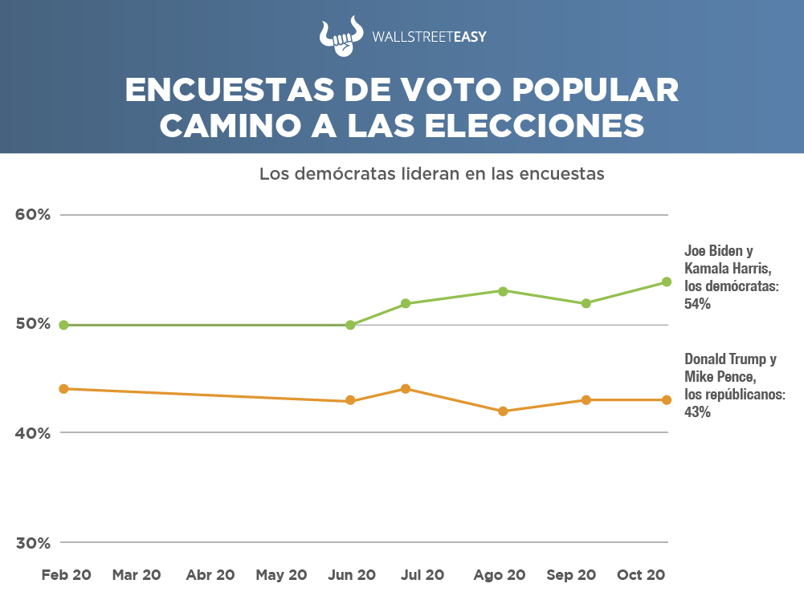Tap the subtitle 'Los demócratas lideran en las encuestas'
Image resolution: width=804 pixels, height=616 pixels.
coord(431,173)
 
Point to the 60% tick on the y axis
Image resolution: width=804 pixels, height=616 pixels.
coord(34,215)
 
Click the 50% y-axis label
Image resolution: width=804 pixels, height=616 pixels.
coord(34,324)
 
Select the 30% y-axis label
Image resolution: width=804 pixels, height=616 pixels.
coord(34,543)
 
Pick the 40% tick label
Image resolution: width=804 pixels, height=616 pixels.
coord(34,433)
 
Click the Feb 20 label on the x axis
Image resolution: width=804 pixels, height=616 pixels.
coord(67,575)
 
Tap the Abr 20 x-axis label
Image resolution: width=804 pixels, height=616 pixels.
coord(210,575)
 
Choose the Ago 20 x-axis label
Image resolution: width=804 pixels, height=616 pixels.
coord(499,575)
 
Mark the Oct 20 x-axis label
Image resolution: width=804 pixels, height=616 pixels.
coord(640,575)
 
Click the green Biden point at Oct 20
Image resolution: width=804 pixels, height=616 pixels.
coord(667,282)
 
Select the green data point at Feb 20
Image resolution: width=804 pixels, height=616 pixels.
coord(63,325)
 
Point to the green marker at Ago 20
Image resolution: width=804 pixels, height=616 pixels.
coord(503,291)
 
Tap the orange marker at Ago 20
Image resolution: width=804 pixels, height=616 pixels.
coord(503,411)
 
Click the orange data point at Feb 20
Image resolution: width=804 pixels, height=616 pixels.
coord(63,388)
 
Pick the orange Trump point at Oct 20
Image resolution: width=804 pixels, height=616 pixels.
coord(667,400)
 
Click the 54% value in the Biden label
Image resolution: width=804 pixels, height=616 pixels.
coord(697,305)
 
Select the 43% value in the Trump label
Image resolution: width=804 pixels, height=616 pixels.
coord(697,413)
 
